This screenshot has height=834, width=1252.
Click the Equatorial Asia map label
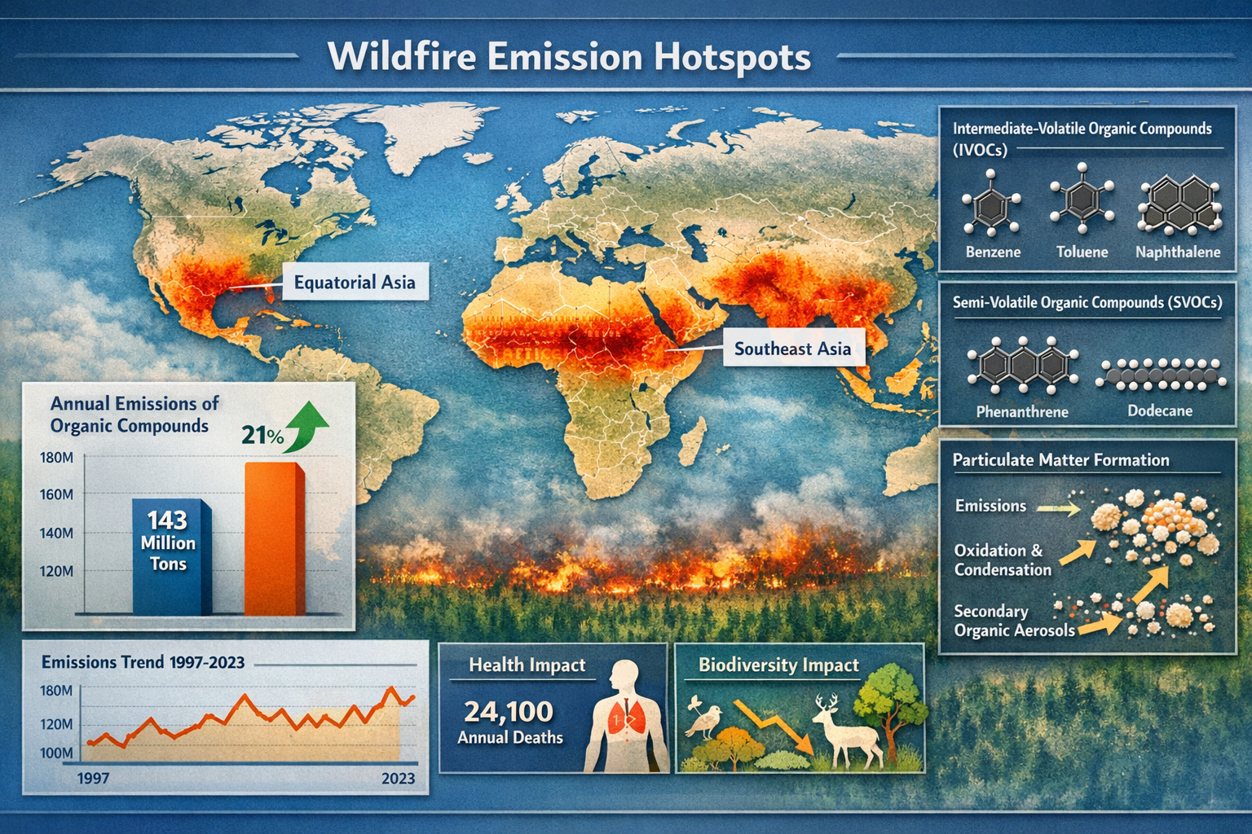(355, 283)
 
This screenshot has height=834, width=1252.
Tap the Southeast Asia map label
(792, 349)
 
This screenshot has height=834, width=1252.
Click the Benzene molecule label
(993, 252)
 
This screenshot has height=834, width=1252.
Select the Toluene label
(1082, 252)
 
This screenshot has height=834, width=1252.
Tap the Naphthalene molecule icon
(1179, 204)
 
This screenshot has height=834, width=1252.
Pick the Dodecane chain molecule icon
(1160, 374)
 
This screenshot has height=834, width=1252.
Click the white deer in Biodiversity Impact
(848, 729)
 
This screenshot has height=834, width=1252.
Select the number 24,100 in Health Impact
(509, 712)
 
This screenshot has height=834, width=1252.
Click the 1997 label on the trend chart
(93, 779)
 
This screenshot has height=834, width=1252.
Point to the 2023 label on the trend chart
(398, 779)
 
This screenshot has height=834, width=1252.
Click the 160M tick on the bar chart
(56, 495)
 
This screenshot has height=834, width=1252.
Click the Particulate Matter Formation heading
(1060, 460)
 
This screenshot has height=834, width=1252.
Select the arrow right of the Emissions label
(1059, 508)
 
